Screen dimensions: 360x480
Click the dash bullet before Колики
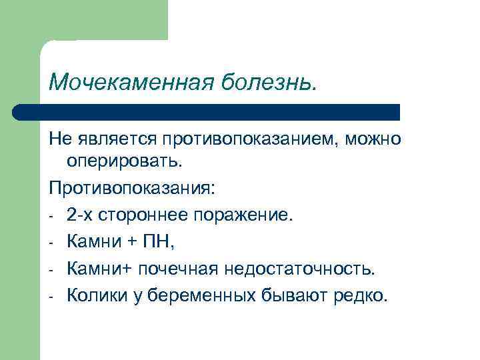(51, 297)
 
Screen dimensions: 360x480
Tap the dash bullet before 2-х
(51, 216)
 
